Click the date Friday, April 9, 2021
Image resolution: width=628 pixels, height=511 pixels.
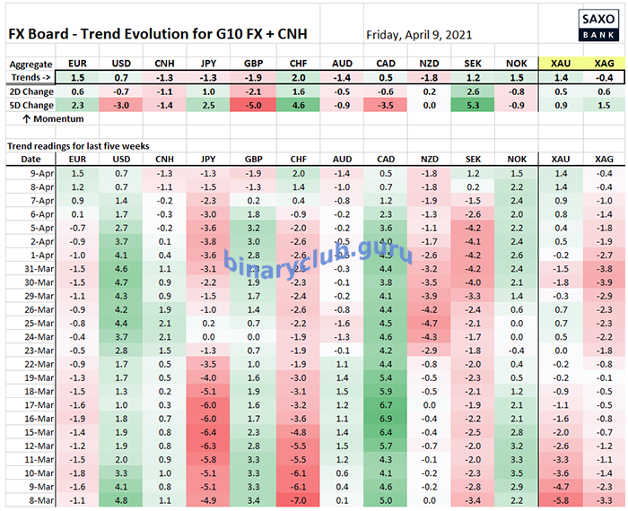(x=419, y=36)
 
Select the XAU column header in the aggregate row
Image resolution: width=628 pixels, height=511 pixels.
(x=561, y=65)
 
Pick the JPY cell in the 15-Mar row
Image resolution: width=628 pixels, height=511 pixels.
(x=209, y=432)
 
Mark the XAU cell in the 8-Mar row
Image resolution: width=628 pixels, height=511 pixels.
(x=561, y=499)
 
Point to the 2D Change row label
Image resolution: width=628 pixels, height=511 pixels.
(x=34, y=91)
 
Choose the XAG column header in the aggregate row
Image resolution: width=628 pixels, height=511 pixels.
(x=604, y=65)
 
